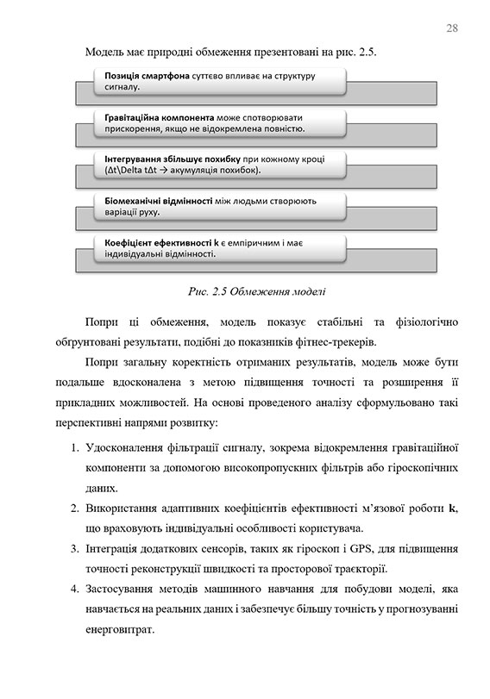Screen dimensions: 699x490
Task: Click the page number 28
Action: click(451, 28)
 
